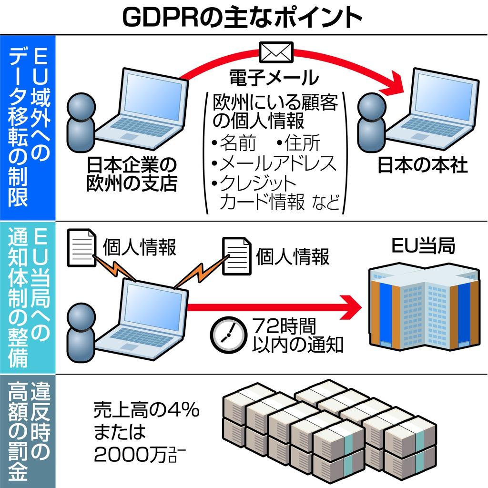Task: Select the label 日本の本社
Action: click(422, 165)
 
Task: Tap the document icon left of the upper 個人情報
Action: click(82, 247)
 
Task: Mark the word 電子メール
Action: click(273, 77)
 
